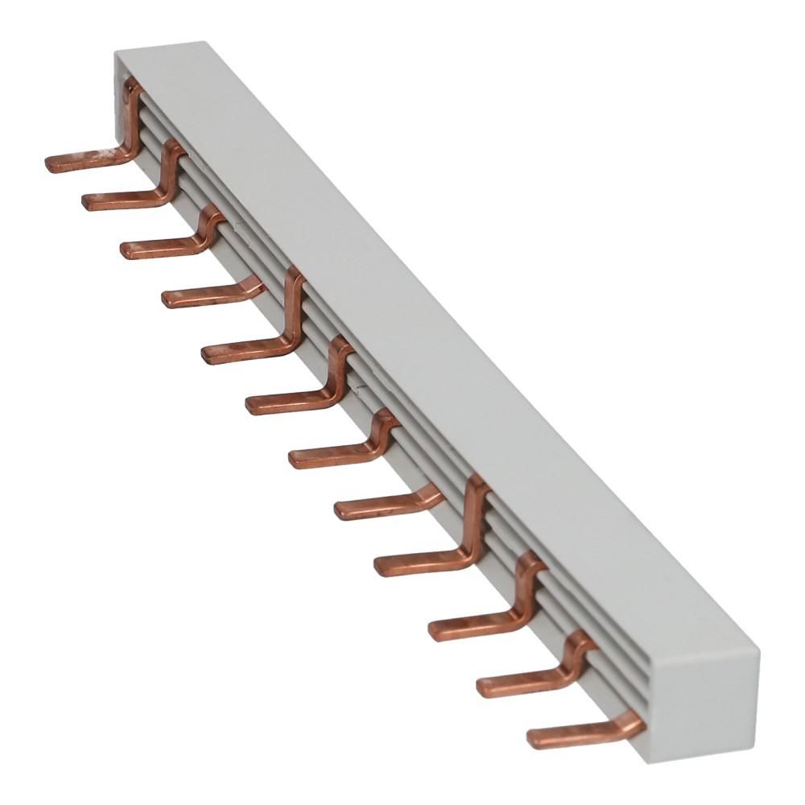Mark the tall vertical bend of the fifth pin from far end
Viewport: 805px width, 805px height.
coord(295,306)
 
